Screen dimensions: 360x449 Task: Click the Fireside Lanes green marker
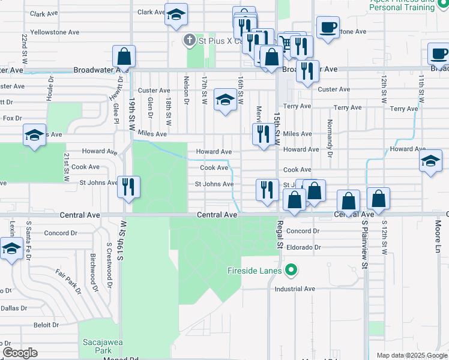pos(291,270)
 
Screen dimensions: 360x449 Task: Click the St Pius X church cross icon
pos(190,40)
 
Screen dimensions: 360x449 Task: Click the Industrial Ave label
pos(295,289)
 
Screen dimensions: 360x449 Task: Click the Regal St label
pos(279,234)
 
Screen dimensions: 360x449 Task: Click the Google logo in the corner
pos(20,353)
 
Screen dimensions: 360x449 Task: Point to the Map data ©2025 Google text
pos(412,355)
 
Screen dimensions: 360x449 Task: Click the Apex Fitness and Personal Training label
pos(402,5)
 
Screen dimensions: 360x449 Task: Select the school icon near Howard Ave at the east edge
pos(430,160)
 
